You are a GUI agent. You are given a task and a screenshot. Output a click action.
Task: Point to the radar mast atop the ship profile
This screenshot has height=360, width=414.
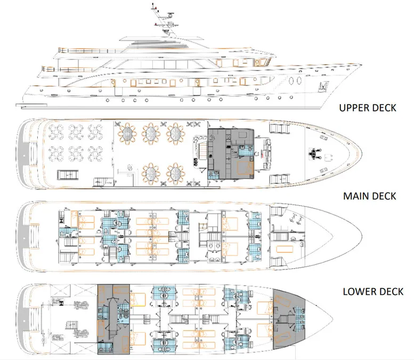point(160,16)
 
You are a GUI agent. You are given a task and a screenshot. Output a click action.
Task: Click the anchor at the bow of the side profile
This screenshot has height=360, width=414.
point(321,87)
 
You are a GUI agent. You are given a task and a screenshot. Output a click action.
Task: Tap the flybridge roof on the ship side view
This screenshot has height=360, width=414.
point(165,39)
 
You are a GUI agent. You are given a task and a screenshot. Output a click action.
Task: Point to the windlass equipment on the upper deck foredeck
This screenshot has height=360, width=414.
point(313,154)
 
